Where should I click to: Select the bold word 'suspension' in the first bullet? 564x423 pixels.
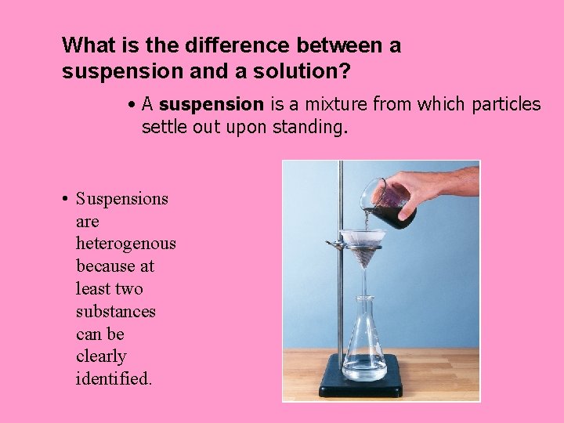211,104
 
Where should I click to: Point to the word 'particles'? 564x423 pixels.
506,104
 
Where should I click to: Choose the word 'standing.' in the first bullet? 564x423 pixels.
309,127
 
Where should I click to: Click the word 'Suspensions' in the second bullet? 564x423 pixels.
122,199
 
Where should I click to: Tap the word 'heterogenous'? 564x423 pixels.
126,244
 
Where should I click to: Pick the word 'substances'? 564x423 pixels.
116,312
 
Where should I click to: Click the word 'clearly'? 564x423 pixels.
101,357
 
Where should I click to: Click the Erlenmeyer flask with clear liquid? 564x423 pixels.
365,345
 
